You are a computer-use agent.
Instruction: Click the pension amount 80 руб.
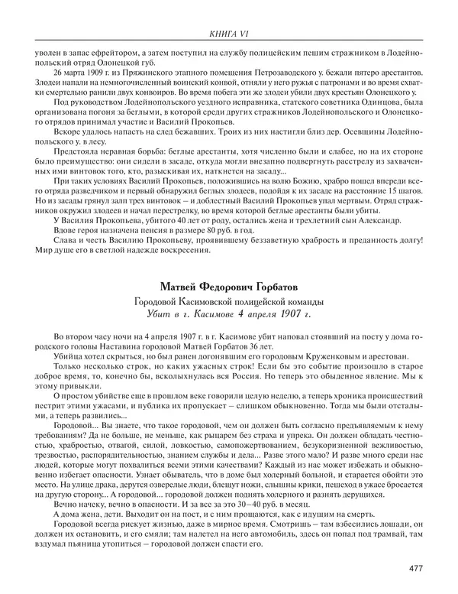pos(193,229)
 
